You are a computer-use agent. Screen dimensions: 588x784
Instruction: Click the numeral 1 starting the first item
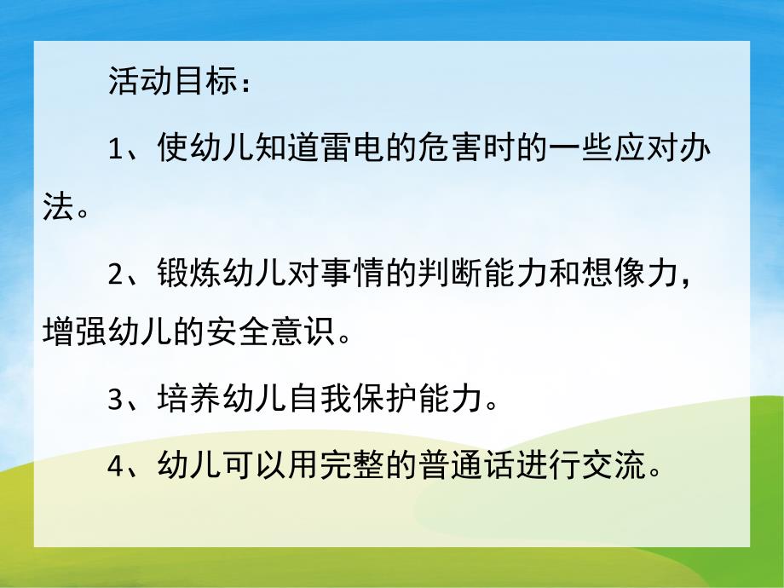coord(117,152)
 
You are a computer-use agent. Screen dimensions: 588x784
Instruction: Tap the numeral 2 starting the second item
coord(117,274)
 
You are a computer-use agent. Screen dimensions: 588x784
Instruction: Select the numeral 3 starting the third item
coord(117,398)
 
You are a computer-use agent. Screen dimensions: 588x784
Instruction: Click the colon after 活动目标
coord(245,84)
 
